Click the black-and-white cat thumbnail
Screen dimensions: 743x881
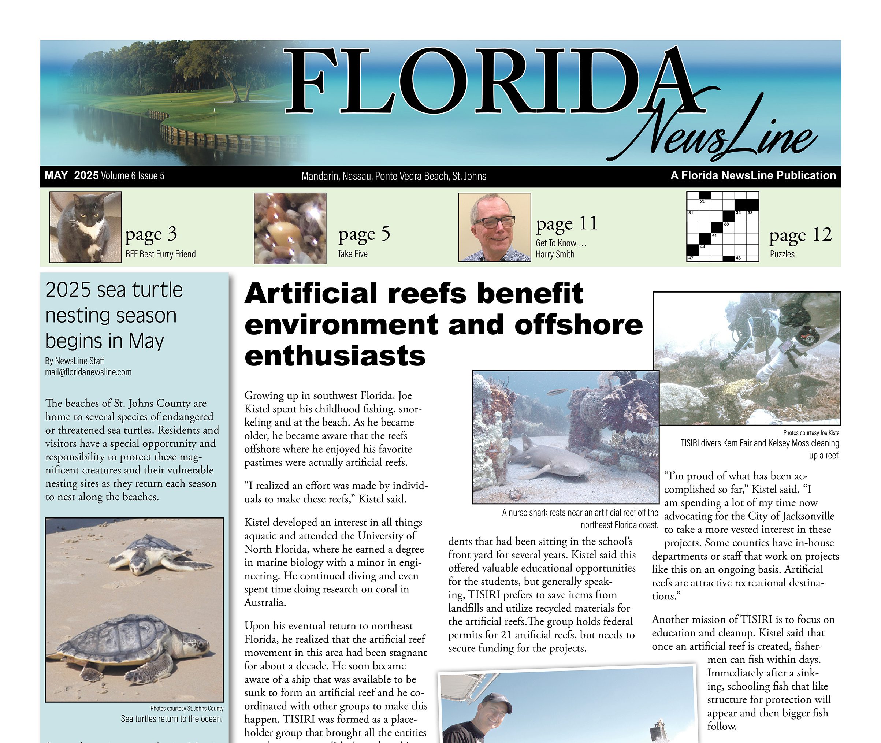pos(85,227)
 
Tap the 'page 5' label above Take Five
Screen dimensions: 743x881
pos(364,235)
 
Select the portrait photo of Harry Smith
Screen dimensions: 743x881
pos(494,227)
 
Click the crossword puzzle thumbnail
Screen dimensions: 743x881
pos(722,227)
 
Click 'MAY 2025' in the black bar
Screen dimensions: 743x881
pos(72,176)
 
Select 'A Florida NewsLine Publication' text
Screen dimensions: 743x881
pos(753,176)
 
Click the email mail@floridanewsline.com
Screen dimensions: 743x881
pos(88,372)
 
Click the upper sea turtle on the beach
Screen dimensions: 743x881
pos(156,555)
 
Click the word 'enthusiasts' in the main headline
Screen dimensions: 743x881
pos(335,356)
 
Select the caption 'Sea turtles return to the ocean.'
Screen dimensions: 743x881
pos(172,718)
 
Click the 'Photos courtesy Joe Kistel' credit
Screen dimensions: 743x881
pos(811,432)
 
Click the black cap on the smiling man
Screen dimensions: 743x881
pos(497,701)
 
